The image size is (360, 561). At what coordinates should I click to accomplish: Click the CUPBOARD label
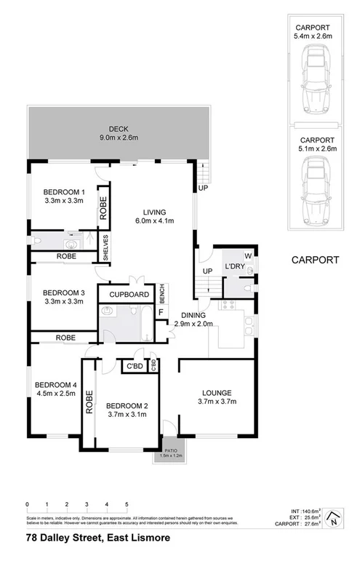[129, 295]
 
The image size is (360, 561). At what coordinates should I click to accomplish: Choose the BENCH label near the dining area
[163, 294]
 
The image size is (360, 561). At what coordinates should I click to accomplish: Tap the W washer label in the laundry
[248, 255]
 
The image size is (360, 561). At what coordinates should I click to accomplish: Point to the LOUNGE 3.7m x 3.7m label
[217, 396]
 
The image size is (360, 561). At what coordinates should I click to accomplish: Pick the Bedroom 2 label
[127, 405]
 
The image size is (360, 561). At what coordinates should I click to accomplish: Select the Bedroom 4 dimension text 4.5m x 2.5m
[54, 395]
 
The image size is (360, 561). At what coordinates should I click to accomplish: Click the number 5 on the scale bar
[127, 504]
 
